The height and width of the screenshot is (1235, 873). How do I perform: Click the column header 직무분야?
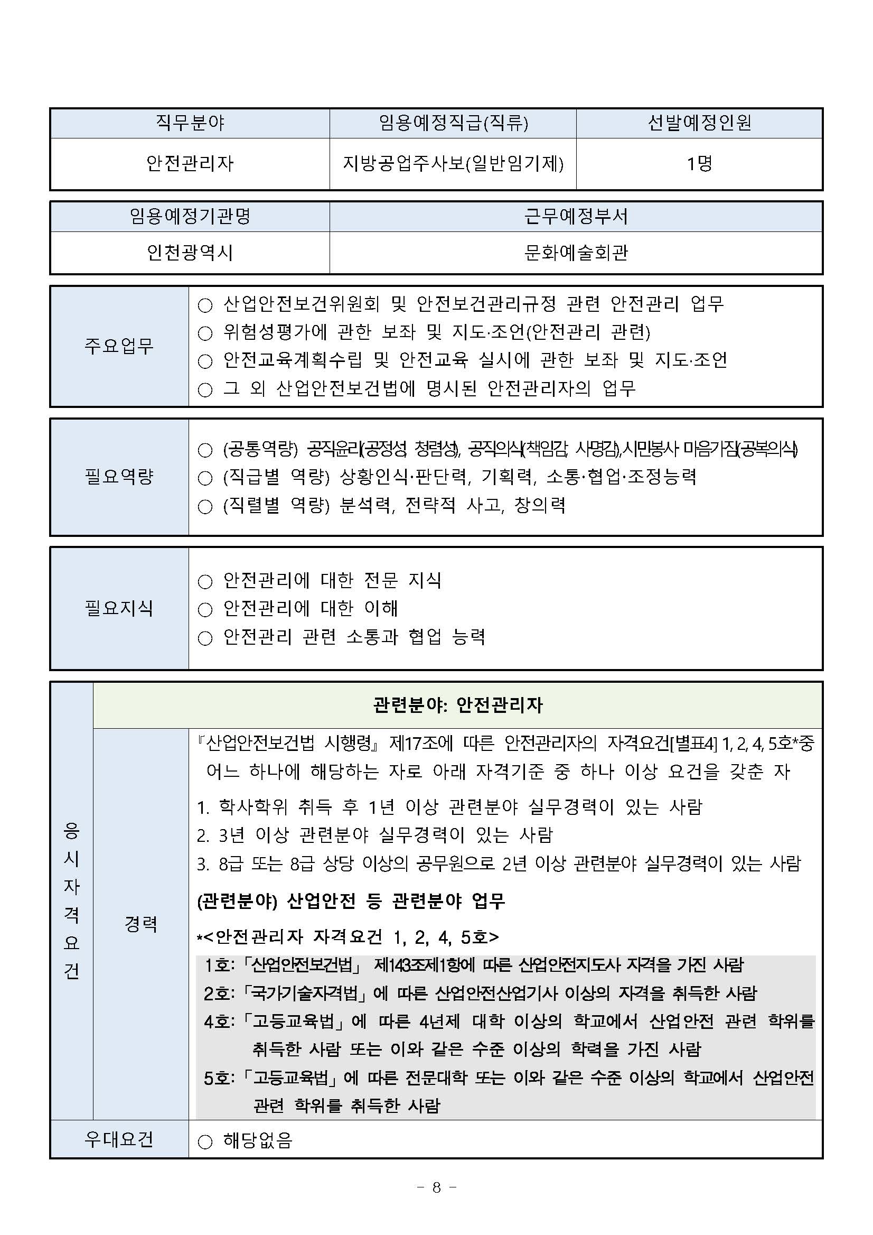(190, 123)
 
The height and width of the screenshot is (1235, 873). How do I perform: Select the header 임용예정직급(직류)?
(453, 123)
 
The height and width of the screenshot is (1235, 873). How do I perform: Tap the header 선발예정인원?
(699, 123)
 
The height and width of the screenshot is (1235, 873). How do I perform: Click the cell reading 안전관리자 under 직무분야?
(190, 163)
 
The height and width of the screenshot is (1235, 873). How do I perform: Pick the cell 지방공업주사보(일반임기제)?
(453, 163)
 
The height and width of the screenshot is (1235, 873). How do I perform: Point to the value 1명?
(699, 163)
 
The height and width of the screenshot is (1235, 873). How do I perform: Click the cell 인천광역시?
(190, 252)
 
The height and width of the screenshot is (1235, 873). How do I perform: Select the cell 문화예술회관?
(576, 252)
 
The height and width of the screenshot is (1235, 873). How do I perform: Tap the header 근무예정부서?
(576, 216)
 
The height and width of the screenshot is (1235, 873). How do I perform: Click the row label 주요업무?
(119, 346)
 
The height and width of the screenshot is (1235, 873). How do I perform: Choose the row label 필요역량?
(119, 476)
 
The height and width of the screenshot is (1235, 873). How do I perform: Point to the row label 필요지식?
(119, 608)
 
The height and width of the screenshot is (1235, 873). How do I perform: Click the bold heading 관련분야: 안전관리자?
(457, 704)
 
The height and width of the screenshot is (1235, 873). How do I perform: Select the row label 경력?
(141, 924)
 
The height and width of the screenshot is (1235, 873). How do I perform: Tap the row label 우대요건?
(119, 1139)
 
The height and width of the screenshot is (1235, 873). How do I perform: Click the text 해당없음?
(258, 1140)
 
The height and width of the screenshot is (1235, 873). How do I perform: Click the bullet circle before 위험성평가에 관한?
(205, 333)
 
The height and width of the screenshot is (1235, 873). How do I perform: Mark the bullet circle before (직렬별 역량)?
(205, 506)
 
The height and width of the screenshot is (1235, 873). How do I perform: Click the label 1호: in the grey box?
(219, 965)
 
